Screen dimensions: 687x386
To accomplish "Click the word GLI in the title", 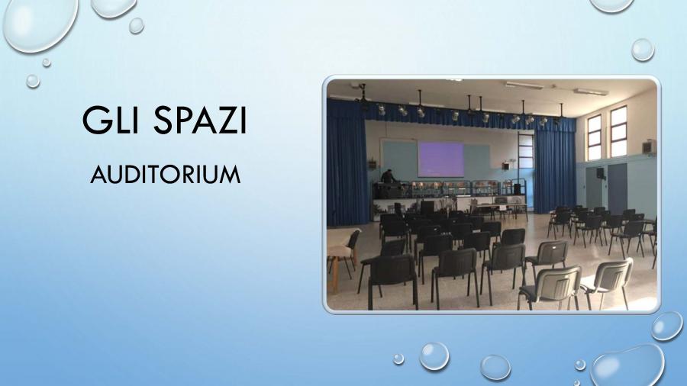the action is coord(111,120).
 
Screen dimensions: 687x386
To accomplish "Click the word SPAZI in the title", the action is coord(200,120).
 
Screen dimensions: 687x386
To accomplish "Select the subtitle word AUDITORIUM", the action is coord(166,175).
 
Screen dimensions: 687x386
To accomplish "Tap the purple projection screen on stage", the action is coord(440,159).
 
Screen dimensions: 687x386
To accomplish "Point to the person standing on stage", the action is coord(387,177).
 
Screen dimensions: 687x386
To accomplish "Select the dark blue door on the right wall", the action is coord(618,189).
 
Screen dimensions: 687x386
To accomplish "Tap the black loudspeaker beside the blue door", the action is coord(601,173).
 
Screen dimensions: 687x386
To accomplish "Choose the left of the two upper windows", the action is coord(595,137).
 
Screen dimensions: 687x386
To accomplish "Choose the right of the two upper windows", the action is coord(618,131).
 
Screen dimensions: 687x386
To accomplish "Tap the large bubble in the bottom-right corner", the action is coord(627,366).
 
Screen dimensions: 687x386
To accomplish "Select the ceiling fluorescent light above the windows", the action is coord(591,92).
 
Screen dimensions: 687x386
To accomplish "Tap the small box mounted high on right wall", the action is coord(650,146).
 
